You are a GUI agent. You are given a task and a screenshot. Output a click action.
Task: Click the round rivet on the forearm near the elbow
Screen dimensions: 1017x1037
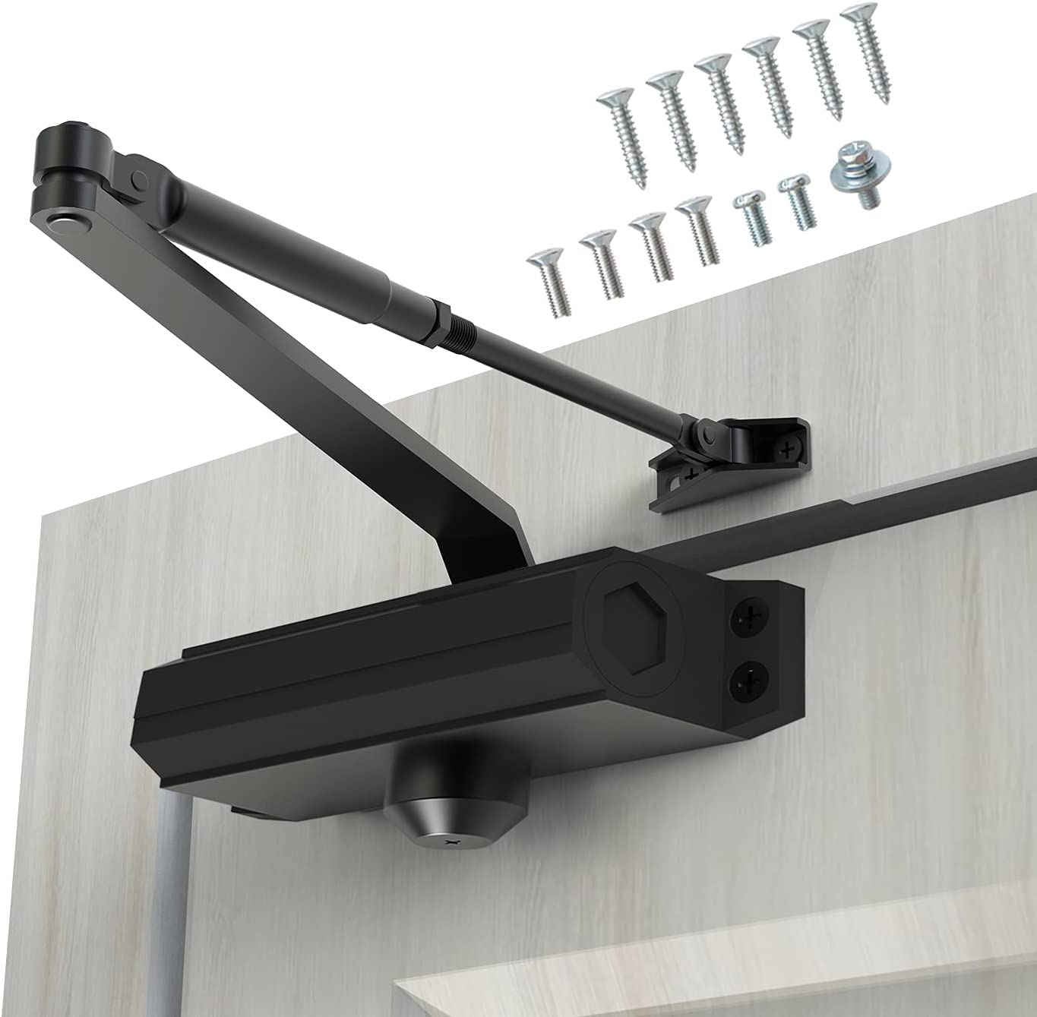(x=138, y=179)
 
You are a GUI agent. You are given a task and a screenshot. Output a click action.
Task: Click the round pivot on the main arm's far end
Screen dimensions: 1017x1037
(x=62, y=220)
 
